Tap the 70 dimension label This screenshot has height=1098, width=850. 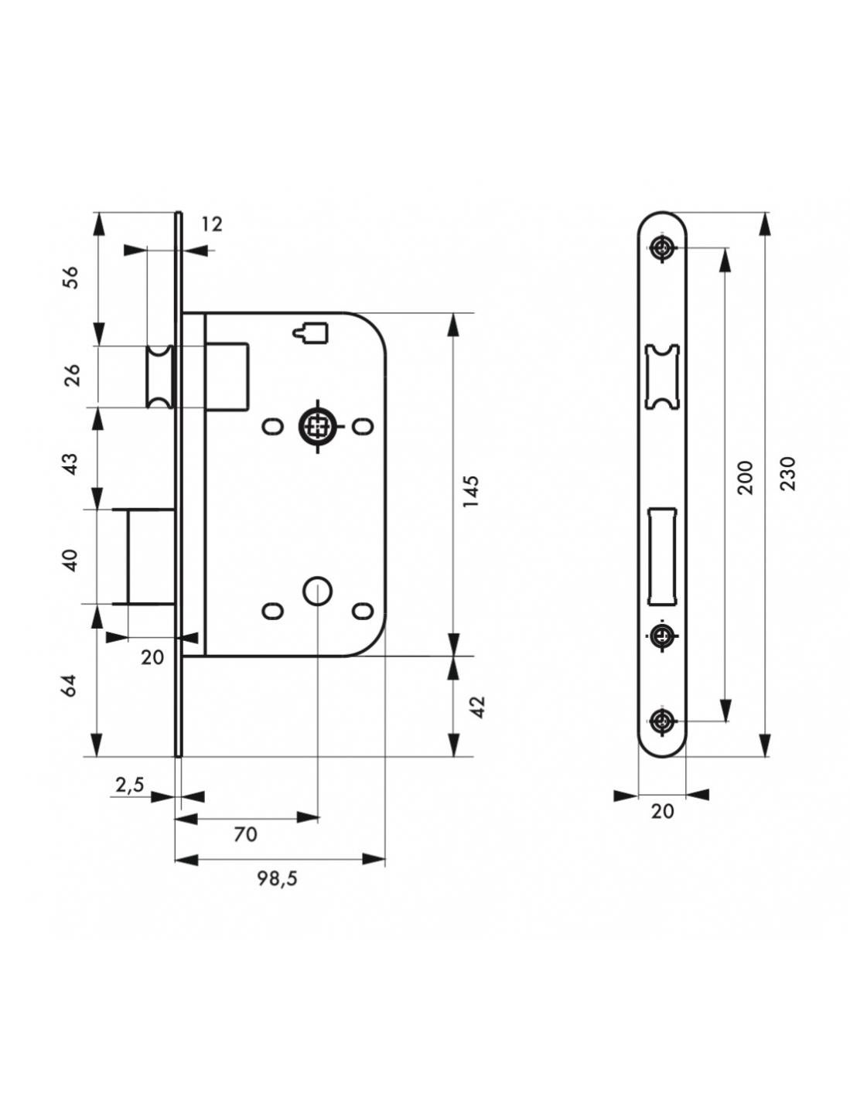245,834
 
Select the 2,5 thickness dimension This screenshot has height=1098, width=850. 130,785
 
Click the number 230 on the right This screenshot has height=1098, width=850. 787,474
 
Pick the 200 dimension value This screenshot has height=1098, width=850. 745,478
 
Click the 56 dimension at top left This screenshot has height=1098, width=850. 70,277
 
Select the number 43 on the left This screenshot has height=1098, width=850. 70,463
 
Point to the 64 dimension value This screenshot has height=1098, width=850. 70,685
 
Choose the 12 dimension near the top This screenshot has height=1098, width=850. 211,224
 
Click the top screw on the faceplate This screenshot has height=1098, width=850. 662,248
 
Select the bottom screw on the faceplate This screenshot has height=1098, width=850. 661,721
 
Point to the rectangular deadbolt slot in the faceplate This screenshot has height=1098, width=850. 661,554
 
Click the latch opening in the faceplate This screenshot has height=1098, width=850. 661,375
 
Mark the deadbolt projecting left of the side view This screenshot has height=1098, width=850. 147,556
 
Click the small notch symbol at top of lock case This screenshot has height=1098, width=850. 312,332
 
